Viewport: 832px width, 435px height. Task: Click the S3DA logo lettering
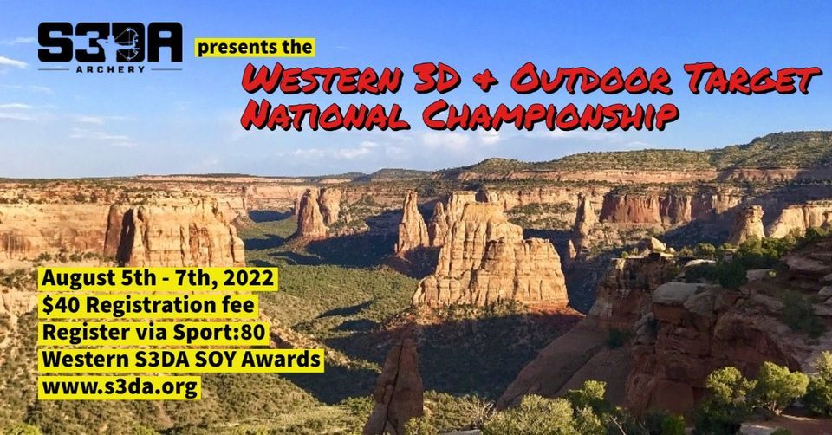click(x=109, y=43)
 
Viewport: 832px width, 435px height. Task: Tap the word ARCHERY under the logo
click(x=110, y=68)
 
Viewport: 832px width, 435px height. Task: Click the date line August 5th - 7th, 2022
click(x=158, y=280)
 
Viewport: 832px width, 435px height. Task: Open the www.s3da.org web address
click(x=120, y=385)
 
